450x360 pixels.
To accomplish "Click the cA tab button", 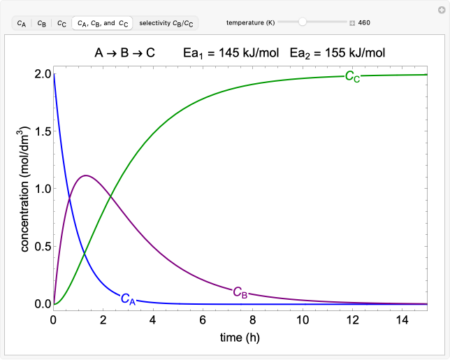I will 22,23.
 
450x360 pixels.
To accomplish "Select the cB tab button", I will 42,23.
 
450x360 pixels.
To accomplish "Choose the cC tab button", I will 61,23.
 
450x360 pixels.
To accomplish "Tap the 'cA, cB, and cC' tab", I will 103,23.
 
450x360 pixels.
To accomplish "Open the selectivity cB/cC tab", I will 166,23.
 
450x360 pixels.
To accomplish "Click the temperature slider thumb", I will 302,22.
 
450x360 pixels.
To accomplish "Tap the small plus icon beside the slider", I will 352,23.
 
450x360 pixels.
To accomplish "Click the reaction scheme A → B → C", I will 126,52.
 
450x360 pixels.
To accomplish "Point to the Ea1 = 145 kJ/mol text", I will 231,52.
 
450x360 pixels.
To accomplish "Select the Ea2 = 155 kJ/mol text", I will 337,52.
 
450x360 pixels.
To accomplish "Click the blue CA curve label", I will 128,299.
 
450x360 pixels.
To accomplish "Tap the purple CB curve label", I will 240,291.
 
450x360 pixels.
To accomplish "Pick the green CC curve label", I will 353,76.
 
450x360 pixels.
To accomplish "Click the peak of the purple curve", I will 86,175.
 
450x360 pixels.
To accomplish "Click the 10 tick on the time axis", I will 303,319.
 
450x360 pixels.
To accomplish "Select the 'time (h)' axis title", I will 240,338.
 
